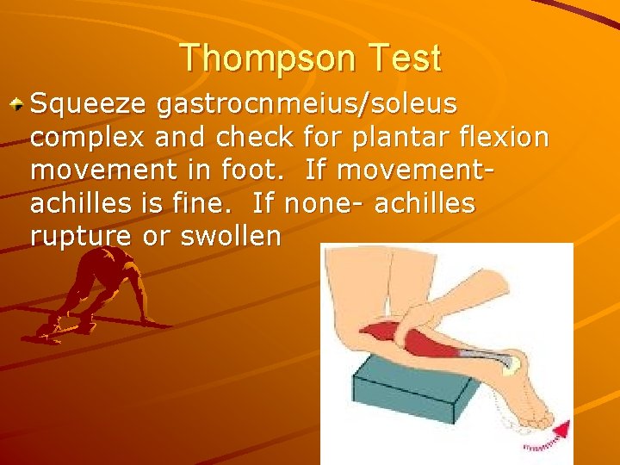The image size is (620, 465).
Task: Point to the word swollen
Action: click(x=230, y=237)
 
